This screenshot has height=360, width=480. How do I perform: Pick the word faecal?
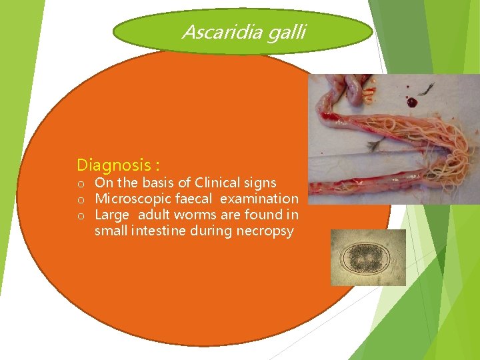[x=194, y=199]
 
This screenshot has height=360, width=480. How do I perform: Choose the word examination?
[x=259, y=199]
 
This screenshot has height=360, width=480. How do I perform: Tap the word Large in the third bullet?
[x=111, y=215]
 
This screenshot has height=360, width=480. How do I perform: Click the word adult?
[x=155, y=215]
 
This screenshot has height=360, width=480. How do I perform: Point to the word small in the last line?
[x=111, y=231]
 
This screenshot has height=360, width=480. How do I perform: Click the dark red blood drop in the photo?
[x=411, y=103]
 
